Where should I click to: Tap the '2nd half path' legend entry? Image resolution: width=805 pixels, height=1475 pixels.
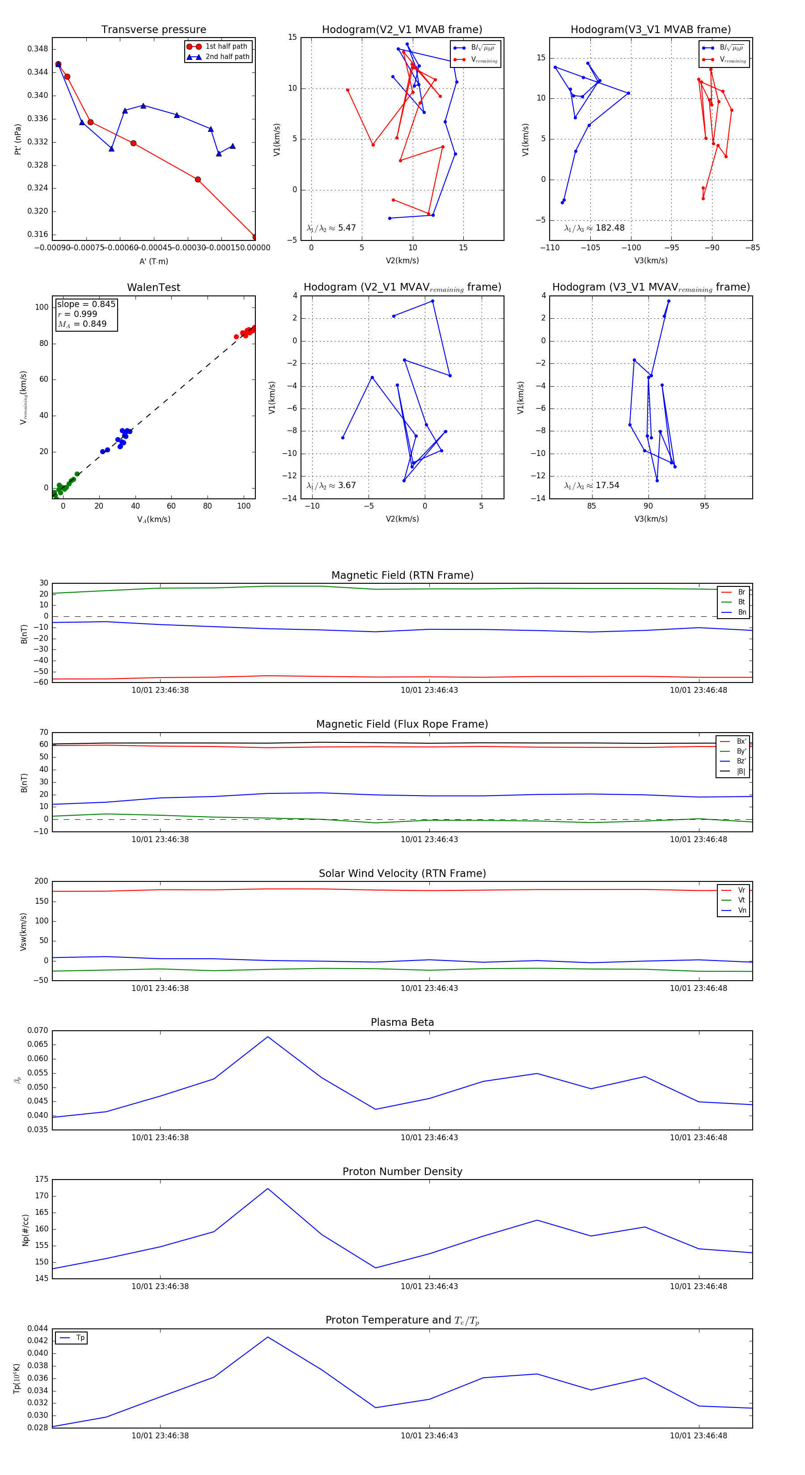coord(227,57)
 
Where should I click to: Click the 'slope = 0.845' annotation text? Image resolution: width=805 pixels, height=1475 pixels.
coord(86,304)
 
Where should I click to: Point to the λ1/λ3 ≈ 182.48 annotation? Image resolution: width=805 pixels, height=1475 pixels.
coord(594,228)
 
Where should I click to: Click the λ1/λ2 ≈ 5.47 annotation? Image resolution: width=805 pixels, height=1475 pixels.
coord(331,228)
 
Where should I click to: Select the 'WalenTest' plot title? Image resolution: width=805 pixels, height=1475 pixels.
coord(153,287)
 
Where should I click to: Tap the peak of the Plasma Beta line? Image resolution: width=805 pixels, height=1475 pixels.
coord(267,1037)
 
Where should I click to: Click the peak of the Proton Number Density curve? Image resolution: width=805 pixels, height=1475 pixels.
coord(267,1188)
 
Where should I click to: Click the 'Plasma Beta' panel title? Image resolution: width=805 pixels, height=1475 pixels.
coord(402,1022)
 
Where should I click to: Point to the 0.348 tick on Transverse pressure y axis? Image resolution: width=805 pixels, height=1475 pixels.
coord(38,49)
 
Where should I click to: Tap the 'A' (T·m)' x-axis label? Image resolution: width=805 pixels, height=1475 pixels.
coord(153,261)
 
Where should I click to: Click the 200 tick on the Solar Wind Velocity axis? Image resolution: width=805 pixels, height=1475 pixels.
coord(41,881)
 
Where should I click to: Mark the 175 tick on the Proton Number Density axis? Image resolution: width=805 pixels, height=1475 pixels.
coord(41,1179)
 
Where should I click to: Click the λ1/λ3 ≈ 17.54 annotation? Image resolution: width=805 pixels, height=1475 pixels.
coord(592,485)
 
